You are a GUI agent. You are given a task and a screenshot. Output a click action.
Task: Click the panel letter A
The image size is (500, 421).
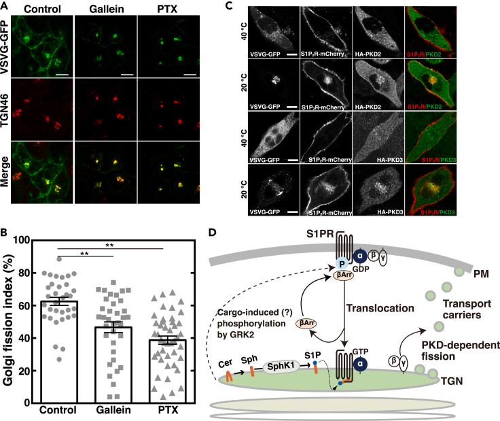tap(5, 5)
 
